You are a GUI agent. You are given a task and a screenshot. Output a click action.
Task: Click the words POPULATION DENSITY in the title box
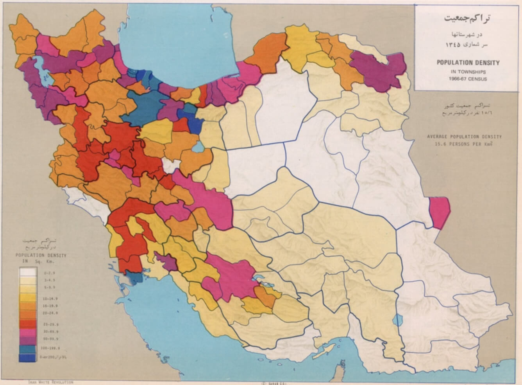[x=468, y=63]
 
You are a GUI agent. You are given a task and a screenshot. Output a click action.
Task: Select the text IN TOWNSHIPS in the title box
[x=468, y=72]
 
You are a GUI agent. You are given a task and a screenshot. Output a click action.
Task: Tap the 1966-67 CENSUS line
[x=468, y=79]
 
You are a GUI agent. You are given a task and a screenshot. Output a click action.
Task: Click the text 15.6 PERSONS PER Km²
[x=464, y=144]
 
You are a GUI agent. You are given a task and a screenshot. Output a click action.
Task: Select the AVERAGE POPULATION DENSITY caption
[x=464, y=137]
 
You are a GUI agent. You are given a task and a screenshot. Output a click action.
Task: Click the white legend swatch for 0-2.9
[x=28, y=272]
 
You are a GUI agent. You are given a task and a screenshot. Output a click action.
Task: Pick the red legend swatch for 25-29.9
[x=28, y=324]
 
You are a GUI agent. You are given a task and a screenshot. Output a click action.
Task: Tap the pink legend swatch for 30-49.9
[x=28, y=332]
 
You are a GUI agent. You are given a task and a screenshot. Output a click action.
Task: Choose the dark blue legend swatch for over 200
[x=28, y=358]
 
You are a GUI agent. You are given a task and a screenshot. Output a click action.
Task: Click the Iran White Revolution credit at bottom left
[x=50, y=382]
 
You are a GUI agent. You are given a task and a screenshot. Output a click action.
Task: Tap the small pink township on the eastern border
[x=440, y=212]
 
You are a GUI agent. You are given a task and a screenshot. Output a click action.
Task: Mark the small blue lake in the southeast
[x=397, y=320]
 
